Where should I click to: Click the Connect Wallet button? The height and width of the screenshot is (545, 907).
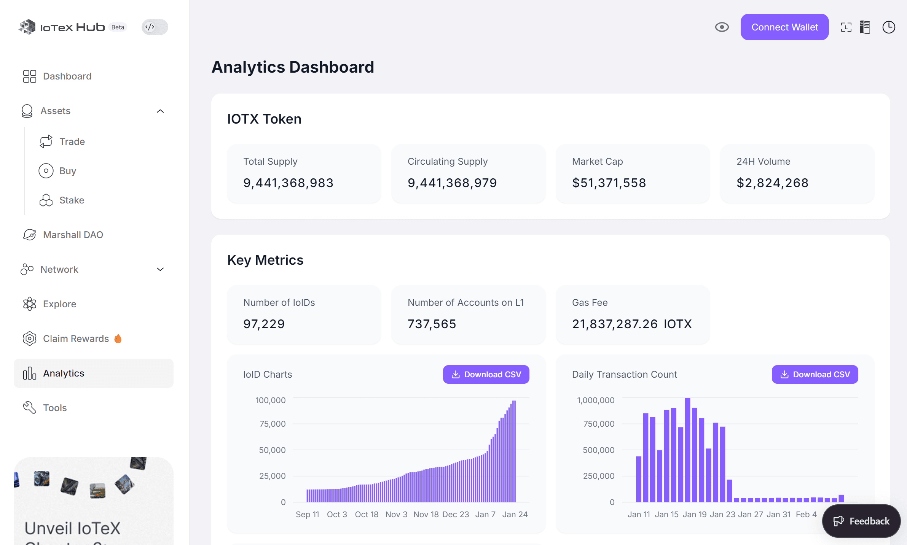coord(784,27)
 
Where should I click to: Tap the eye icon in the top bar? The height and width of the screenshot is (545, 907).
coord(722,27)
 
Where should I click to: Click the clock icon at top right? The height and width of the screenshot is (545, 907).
coord(888,27)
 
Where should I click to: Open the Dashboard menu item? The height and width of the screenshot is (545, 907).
coord(67,76)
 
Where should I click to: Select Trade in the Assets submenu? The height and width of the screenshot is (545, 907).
coord(72,141)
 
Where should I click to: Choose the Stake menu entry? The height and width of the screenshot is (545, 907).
coord(72,200)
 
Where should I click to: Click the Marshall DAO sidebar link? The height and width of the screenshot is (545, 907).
coord(73,235)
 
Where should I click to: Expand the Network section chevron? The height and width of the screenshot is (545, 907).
coord(160,269)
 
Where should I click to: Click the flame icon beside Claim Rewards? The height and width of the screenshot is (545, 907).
coord(118,338)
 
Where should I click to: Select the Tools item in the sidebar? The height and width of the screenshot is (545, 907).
coord(55,408)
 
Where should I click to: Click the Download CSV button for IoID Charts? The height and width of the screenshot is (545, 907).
coord(486,375)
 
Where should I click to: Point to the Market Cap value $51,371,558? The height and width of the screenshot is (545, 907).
coord(609,183)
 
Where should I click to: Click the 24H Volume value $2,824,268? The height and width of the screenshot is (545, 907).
coord(772,183)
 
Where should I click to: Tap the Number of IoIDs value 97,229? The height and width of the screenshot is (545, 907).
coord(264,324)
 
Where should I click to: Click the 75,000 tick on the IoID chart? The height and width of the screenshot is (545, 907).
coord(272,424)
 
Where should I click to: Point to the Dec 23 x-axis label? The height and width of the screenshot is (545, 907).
coord(456,514)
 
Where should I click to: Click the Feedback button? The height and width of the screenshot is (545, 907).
coord(861,521)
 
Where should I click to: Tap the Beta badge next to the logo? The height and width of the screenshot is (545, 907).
coord(118,27)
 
